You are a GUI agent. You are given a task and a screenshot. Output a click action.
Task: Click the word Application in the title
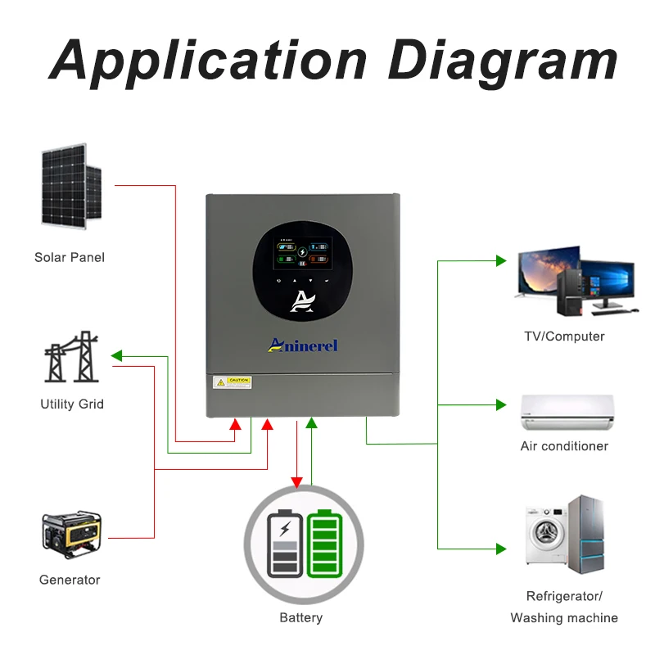tap(210, 61)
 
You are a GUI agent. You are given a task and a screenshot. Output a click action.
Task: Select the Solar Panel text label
tap(70, 257)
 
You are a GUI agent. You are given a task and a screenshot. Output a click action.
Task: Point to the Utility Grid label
tap(72, 404)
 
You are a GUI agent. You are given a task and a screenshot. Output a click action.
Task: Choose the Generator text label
tap(70, 580)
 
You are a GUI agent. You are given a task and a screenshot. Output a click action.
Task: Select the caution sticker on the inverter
tap(232, 382)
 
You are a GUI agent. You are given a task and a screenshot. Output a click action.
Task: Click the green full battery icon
tap(324, 544)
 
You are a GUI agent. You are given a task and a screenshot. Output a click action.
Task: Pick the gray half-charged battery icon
tap(284, 545)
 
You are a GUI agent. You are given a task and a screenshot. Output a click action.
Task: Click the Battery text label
tap(300, 617)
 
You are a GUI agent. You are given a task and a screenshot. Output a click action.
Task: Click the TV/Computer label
tap(564, 337)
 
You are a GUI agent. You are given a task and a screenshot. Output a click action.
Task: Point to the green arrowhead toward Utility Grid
tap(116, 356)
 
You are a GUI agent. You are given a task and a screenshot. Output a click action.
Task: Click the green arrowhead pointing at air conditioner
tap(501, 404)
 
